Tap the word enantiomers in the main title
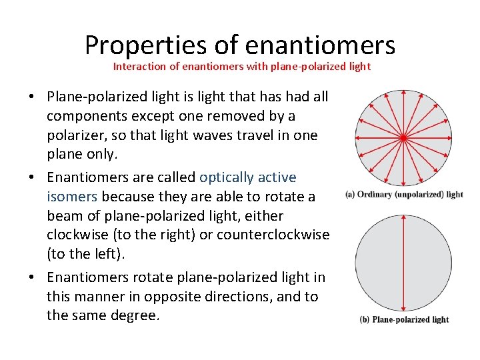(x=320, y=45)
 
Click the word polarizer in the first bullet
(x=79, y=136)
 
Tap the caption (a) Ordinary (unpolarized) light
(x=404, y=195)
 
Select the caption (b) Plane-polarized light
(x=404, y=319)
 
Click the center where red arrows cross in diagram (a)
(x=403, y=138)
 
